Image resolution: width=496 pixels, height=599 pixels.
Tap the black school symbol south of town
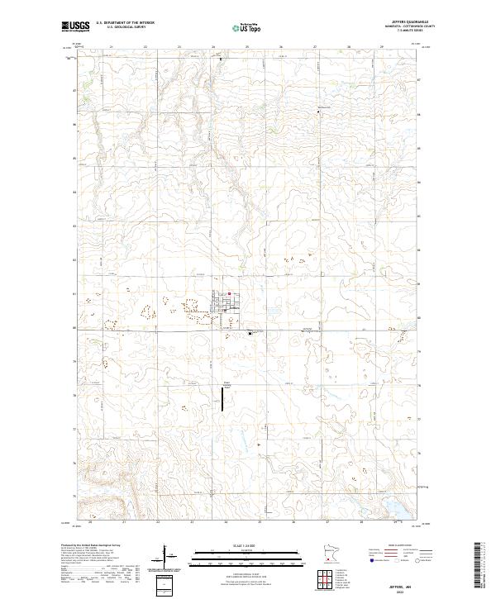250,333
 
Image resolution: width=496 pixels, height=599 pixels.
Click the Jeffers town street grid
224,306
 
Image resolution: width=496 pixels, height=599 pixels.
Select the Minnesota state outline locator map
329,558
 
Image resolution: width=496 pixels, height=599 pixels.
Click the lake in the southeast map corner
395,505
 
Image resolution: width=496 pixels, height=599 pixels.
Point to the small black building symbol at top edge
221,59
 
